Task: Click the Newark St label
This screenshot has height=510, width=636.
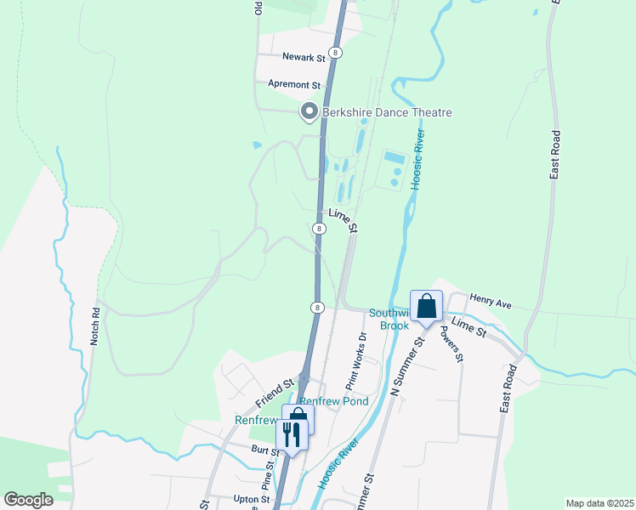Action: click(304, 59)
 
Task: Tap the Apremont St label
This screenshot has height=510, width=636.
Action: click(293, 85)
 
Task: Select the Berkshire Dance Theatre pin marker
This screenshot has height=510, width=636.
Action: click(309, 111)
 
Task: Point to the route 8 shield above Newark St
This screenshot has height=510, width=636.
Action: click(338, 53)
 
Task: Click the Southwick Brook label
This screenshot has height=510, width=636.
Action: click(389, 320)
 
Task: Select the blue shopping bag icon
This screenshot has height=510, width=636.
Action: click(426, 306)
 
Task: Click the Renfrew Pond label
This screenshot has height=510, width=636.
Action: click(333, 400)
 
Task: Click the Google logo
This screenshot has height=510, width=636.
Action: click(28, 500)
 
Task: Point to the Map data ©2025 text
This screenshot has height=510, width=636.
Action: click(599, 503)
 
